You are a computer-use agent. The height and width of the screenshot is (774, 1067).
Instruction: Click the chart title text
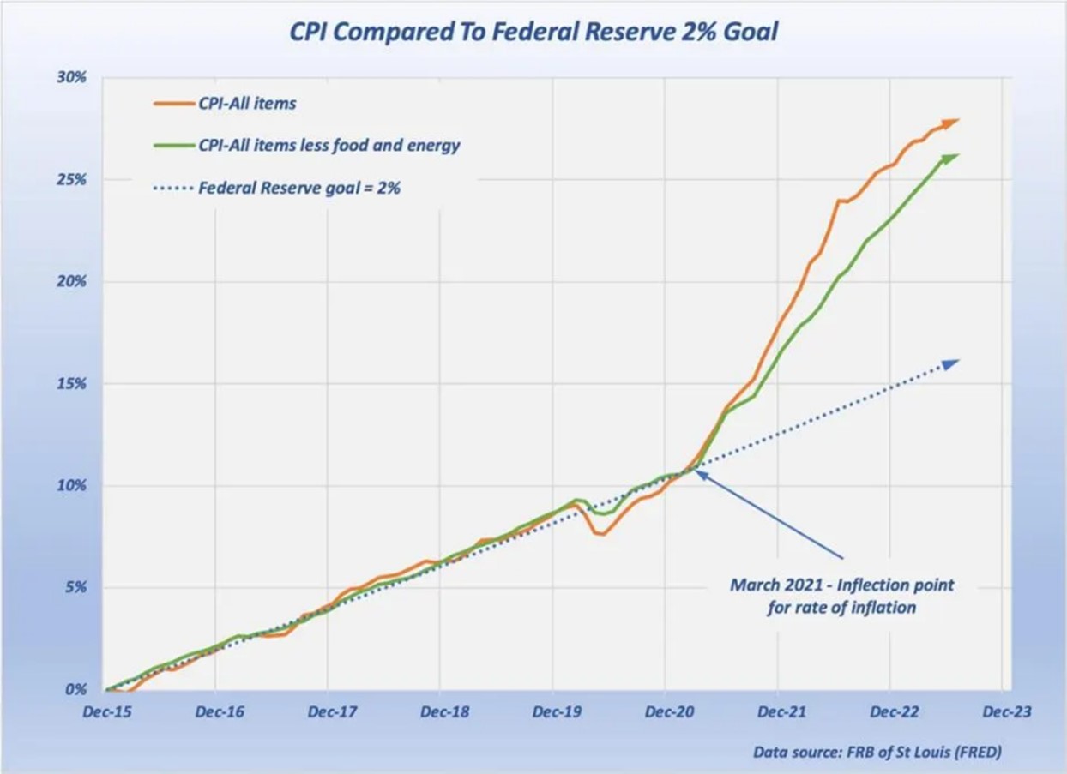(x=533, y=33)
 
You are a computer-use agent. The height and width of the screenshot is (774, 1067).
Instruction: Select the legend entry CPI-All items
(x=247, y=103)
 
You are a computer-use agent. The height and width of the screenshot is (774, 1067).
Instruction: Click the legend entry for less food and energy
(x=329, y=145)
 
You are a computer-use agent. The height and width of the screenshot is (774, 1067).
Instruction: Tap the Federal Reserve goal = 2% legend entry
(x=299, y=187)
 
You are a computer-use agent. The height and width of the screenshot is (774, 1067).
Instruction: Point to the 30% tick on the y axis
(x=73, y=77)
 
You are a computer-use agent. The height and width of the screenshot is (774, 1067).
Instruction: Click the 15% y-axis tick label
(x=73, y=383)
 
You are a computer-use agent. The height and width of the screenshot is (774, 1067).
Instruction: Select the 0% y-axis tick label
(x=76, y=689)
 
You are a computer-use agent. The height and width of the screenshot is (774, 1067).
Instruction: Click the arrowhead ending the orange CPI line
(x=951, y=123)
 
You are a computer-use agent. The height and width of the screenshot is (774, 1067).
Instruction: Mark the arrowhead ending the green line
(x=951, y=158)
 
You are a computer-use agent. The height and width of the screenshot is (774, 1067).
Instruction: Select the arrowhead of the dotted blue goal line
(x=950, y=363)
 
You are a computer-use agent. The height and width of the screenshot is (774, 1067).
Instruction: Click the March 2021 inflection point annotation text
(x=841, y=597)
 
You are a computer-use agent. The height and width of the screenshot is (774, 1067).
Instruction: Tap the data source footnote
(x=877, y=753)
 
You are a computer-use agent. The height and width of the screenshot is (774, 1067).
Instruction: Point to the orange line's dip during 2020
(x=600, y=533)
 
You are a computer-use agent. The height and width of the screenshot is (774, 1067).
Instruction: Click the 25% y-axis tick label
(x=73, y=179)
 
